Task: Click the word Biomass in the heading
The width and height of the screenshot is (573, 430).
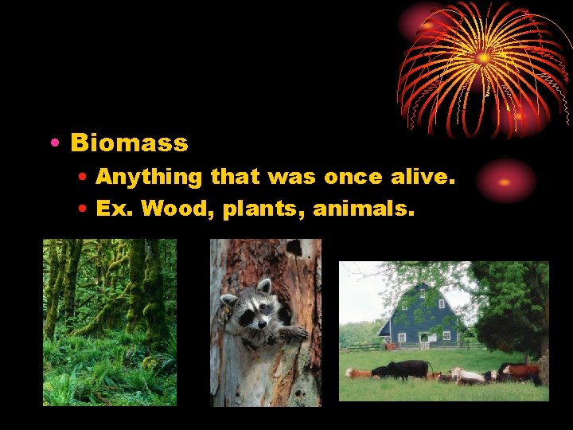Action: point(129,143)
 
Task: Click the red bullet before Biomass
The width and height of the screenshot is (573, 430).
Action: point(53,144)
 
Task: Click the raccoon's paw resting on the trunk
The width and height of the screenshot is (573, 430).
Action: point(292,333)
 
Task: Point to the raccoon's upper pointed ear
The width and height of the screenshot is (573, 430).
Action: point(263,285)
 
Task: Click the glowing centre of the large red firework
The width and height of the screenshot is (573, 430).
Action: point(482,57)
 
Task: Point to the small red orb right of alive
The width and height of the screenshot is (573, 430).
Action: point(505,181)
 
